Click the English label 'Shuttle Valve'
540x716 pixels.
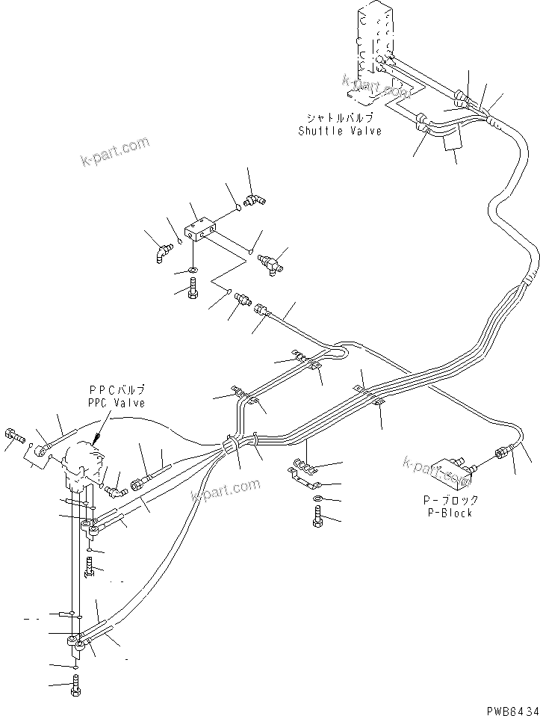tap(340, 131)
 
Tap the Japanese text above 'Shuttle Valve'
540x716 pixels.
tap(340, 118)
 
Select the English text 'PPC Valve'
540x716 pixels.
tap(117, 403)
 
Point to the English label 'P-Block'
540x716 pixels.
tap(450, 513)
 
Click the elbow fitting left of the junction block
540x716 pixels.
tap(161, 253)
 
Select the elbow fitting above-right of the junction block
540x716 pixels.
tap(255, 200)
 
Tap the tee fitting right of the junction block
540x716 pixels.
tap(271, 264)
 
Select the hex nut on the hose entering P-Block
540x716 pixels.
tap(500, 454)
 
